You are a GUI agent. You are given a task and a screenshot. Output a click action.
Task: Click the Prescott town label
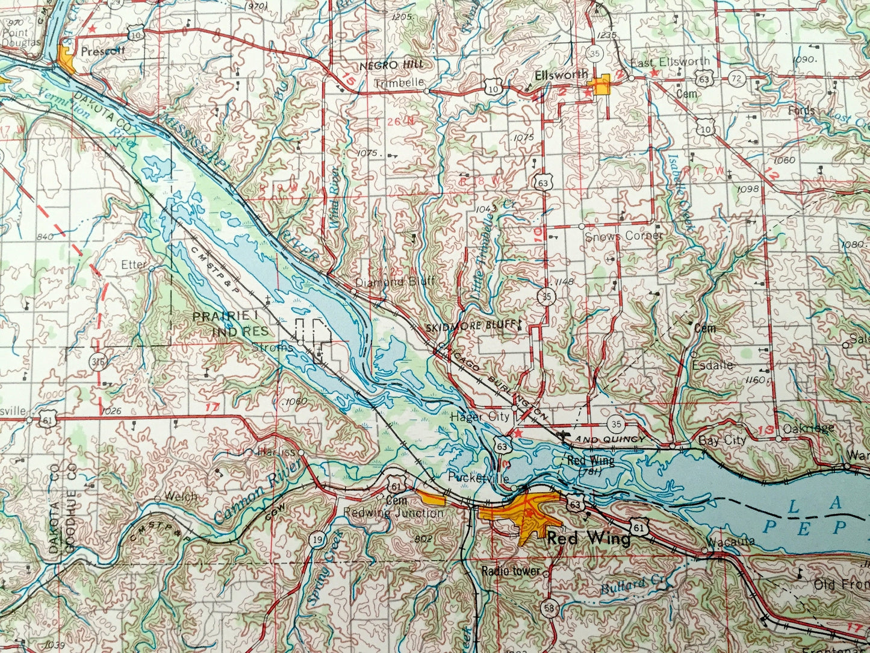point(102,51)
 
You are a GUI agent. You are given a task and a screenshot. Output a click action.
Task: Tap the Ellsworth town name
point(561,75)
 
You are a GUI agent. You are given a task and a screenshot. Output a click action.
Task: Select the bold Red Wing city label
point(588,538)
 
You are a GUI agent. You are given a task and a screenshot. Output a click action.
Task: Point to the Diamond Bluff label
point(394,282)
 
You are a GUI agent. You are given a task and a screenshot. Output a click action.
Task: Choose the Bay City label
point(722,440)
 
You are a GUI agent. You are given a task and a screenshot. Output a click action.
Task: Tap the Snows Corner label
point(624,236)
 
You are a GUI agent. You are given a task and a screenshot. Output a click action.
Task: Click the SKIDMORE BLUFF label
point(472,326)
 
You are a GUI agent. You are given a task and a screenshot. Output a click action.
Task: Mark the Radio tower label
point(511,570)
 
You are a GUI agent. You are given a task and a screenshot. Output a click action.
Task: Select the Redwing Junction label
point(393,513)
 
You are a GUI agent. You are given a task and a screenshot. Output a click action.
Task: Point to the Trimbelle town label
point(399,83)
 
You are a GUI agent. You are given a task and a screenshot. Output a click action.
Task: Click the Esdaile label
point(712,365)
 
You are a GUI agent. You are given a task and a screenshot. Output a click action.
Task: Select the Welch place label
point(183,496)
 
